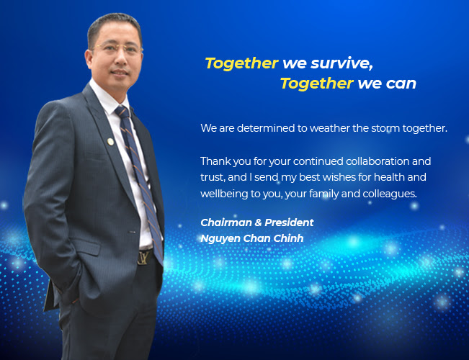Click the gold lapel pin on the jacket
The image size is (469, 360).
click(x=110, y=141)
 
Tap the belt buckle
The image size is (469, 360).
click(x=145, y=257)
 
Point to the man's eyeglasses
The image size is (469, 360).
click(x=118, y=48)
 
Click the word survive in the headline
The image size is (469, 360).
click(x=341, y=63)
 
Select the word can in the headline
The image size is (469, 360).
click(x=401, y=84)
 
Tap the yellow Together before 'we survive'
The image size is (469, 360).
click(x=241, y=63)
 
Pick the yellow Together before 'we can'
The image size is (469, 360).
click(x=317, y=84)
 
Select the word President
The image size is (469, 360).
click(x=289, y=222)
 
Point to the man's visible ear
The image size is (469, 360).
click(x=88, y=59)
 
